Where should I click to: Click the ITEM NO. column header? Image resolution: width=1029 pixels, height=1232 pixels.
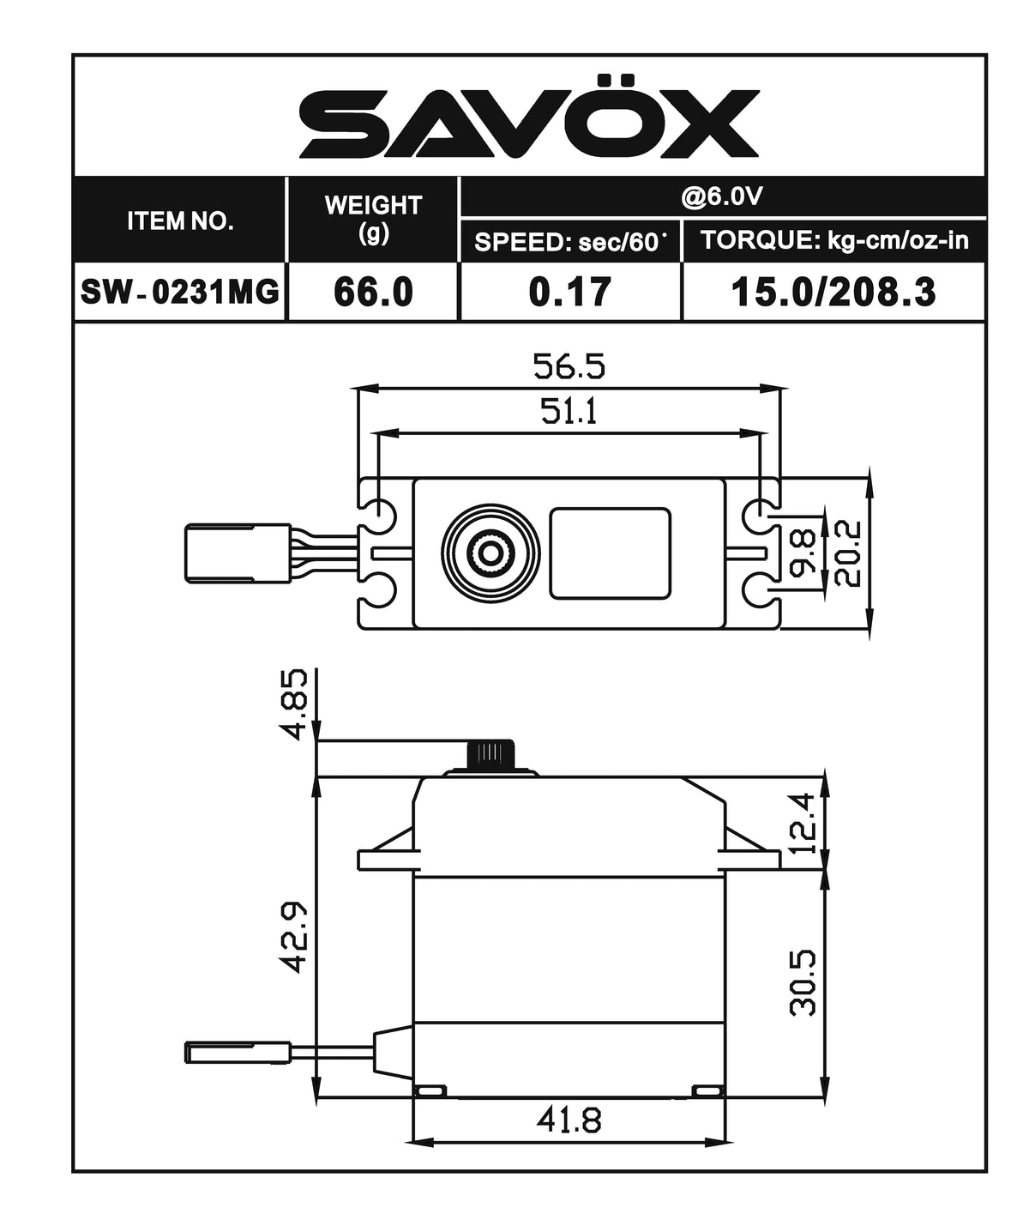tap(180, 220)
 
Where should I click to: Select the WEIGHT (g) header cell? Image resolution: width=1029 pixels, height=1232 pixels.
tap(373, 219)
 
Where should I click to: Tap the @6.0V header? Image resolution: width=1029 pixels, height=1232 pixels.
tap(722, 197)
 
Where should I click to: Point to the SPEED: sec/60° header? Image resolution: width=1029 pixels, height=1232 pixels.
tap(570, 242)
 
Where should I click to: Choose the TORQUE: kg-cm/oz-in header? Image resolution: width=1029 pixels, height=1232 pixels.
tap(833, 240)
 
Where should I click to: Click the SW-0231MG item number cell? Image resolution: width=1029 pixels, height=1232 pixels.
tap(180, 293)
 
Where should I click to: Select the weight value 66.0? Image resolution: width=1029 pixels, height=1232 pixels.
tap(373, 293)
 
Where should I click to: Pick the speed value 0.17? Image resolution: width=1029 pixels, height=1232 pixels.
tap(570, 293)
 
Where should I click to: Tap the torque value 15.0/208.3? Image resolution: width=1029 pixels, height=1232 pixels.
tap(833, 293)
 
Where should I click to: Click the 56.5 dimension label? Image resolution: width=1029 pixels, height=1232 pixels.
tap(569, 367)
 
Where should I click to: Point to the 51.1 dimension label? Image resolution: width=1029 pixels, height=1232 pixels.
tap(569, 413)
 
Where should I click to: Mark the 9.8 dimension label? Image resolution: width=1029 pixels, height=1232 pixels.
tap(803, 553)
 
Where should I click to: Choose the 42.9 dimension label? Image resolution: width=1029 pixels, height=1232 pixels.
tap(295, 937)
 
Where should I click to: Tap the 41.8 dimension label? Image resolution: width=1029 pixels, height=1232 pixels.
tap(569, 1120)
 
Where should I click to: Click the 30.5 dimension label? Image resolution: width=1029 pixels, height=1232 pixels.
tap(803, 981)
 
